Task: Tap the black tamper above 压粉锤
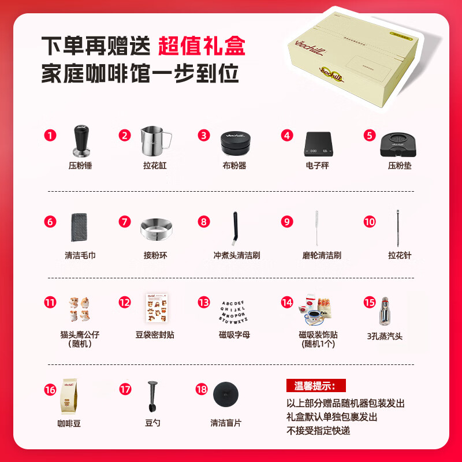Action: [x=80, y=140]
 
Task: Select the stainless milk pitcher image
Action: [x=154, y=141]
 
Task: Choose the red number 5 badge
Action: [x=370, y=135]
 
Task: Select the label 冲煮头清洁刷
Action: [x=237, y=255]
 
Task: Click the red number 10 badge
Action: [x=370, y=222]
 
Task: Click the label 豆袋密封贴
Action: [x=155, y=334]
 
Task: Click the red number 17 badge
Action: [x=126, y=389]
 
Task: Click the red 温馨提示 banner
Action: [x=316, y=385]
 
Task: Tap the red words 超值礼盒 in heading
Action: [x=202, y=45]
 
